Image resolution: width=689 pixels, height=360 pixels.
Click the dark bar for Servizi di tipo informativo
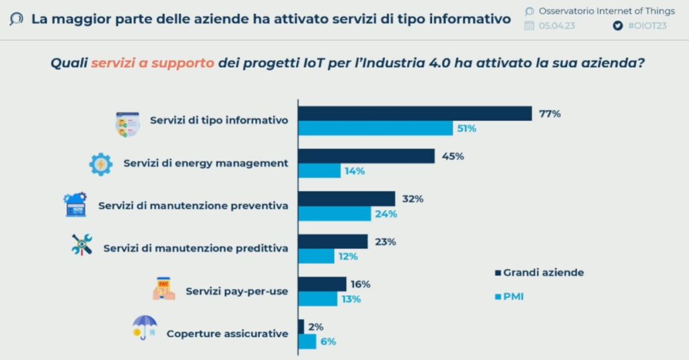point(414,114)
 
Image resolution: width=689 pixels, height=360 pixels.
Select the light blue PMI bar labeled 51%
point(375,128)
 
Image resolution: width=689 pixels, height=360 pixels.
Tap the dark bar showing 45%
point(366,156)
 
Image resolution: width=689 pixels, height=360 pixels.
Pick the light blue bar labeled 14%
point(319,171)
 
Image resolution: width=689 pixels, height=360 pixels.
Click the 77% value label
point(549,113)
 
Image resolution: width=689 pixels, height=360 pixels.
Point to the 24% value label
point(386,214)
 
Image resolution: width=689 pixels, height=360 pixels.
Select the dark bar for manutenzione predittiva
point(332,242)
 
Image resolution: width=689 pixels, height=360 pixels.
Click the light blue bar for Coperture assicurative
point(307,341)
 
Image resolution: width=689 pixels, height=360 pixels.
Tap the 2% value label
point(316,327)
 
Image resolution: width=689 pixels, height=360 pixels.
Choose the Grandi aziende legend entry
point(539,273)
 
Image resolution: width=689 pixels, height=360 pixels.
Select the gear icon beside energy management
point(101,164)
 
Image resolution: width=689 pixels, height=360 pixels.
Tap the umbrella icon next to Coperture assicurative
point(145,328)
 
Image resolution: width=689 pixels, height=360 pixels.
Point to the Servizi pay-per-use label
point(237,291)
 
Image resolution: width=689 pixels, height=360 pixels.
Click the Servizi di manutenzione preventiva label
point(193,205)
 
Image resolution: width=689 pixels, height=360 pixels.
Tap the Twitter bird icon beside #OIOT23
point(618,26)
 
